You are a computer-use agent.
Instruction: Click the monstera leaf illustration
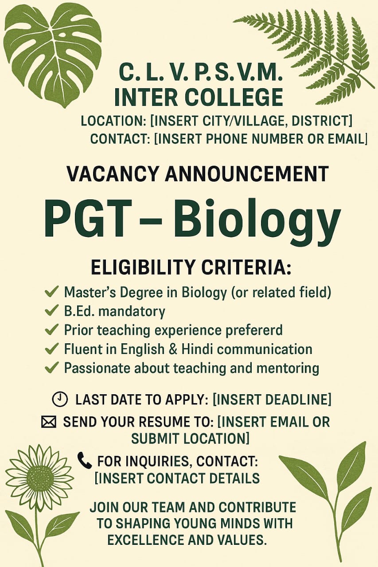click(x=53, y=54)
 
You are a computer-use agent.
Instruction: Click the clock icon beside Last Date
click(x=59, y=399)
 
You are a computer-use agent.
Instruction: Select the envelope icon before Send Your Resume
click(x=48, y=423)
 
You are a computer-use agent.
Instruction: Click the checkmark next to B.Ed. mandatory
click(x=51, y=311)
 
